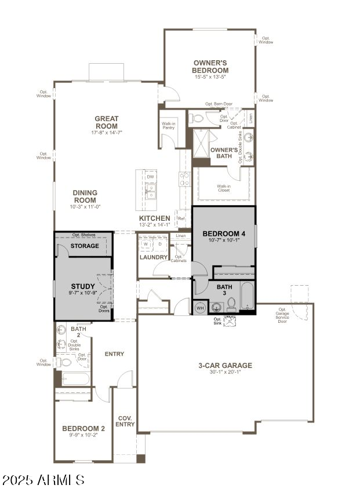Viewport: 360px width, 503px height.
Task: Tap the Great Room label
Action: tap(107, 122)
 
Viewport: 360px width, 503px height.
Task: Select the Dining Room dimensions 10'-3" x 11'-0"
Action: tap(85, 206)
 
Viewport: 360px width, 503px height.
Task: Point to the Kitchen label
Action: tap(154, 218)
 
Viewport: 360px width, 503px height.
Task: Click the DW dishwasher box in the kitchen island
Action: tap(150, 177)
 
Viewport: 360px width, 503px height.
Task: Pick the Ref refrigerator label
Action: tap(181, 218)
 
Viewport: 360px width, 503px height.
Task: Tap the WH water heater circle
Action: tap(201, 307)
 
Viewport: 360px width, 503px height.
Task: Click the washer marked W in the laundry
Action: tap(146, 244)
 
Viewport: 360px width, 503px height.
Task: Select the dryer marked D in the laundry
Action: tap(160, 244)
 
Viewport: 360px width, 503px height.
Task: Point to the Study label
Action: tap(83, 286)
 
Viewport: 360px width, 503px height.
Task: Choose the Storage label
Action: tap(85, 246)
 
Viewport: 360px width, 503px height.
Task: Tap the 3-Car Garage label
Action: tap(226, 366)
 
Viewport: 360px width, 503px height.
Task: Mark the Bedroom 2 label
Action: tap(83, 429)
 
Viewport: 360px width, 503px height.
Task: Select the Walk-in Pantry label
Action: tap(169, 125)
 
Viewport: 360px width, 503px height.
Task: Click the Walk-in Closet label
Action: tap(224, 188)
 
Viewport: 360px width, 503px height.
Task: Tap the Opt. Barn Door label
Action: tap(219, 104)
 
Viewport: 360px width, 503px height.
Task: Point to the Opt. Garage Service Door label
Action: tap(282, 315)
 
